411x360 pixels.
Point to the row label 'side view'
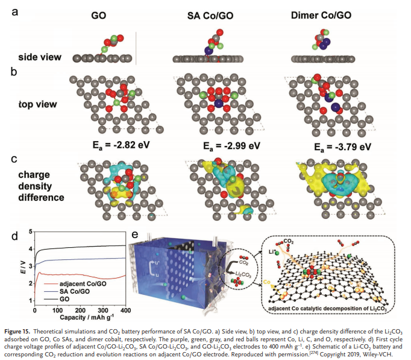pos(40,58)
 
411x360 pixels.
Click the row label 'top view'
pos(38,104)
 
